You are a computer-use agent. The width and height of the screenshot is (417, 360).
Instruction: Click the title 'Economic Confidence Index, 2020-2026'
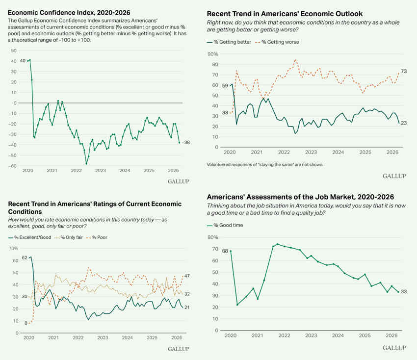point(69,12)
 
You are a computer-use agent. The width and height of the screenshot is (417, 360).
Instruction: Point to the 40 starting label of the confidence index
point(23,61)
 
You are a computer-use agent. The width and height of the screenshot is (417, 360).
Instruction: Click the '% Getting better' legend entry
point(230,42)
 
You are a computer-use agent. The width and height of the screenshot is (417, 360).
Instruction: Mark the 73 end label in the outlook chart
point(404,72)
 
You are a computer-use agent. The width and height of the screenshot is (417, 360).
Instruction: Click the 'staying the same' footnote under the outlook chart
point(265,164)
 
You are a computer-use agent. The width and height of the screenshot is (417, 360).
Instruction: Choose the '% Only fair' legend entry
point(67,237)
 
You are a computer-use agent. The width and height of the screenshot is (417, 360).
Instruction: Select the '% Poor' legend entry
point(99,237)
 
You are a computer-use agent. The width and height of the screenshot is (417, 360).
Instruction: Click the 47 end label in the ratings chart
point(187,276)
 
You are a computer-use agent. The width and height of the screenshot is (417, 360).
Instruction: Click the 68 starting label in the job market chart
point(225,251)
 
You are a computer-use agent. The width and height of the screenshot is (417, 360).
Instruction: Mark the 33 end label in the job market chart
point(404,292)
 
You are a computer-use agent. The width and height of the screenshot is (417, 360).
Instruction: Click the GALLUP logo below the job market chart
point(394,348)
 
